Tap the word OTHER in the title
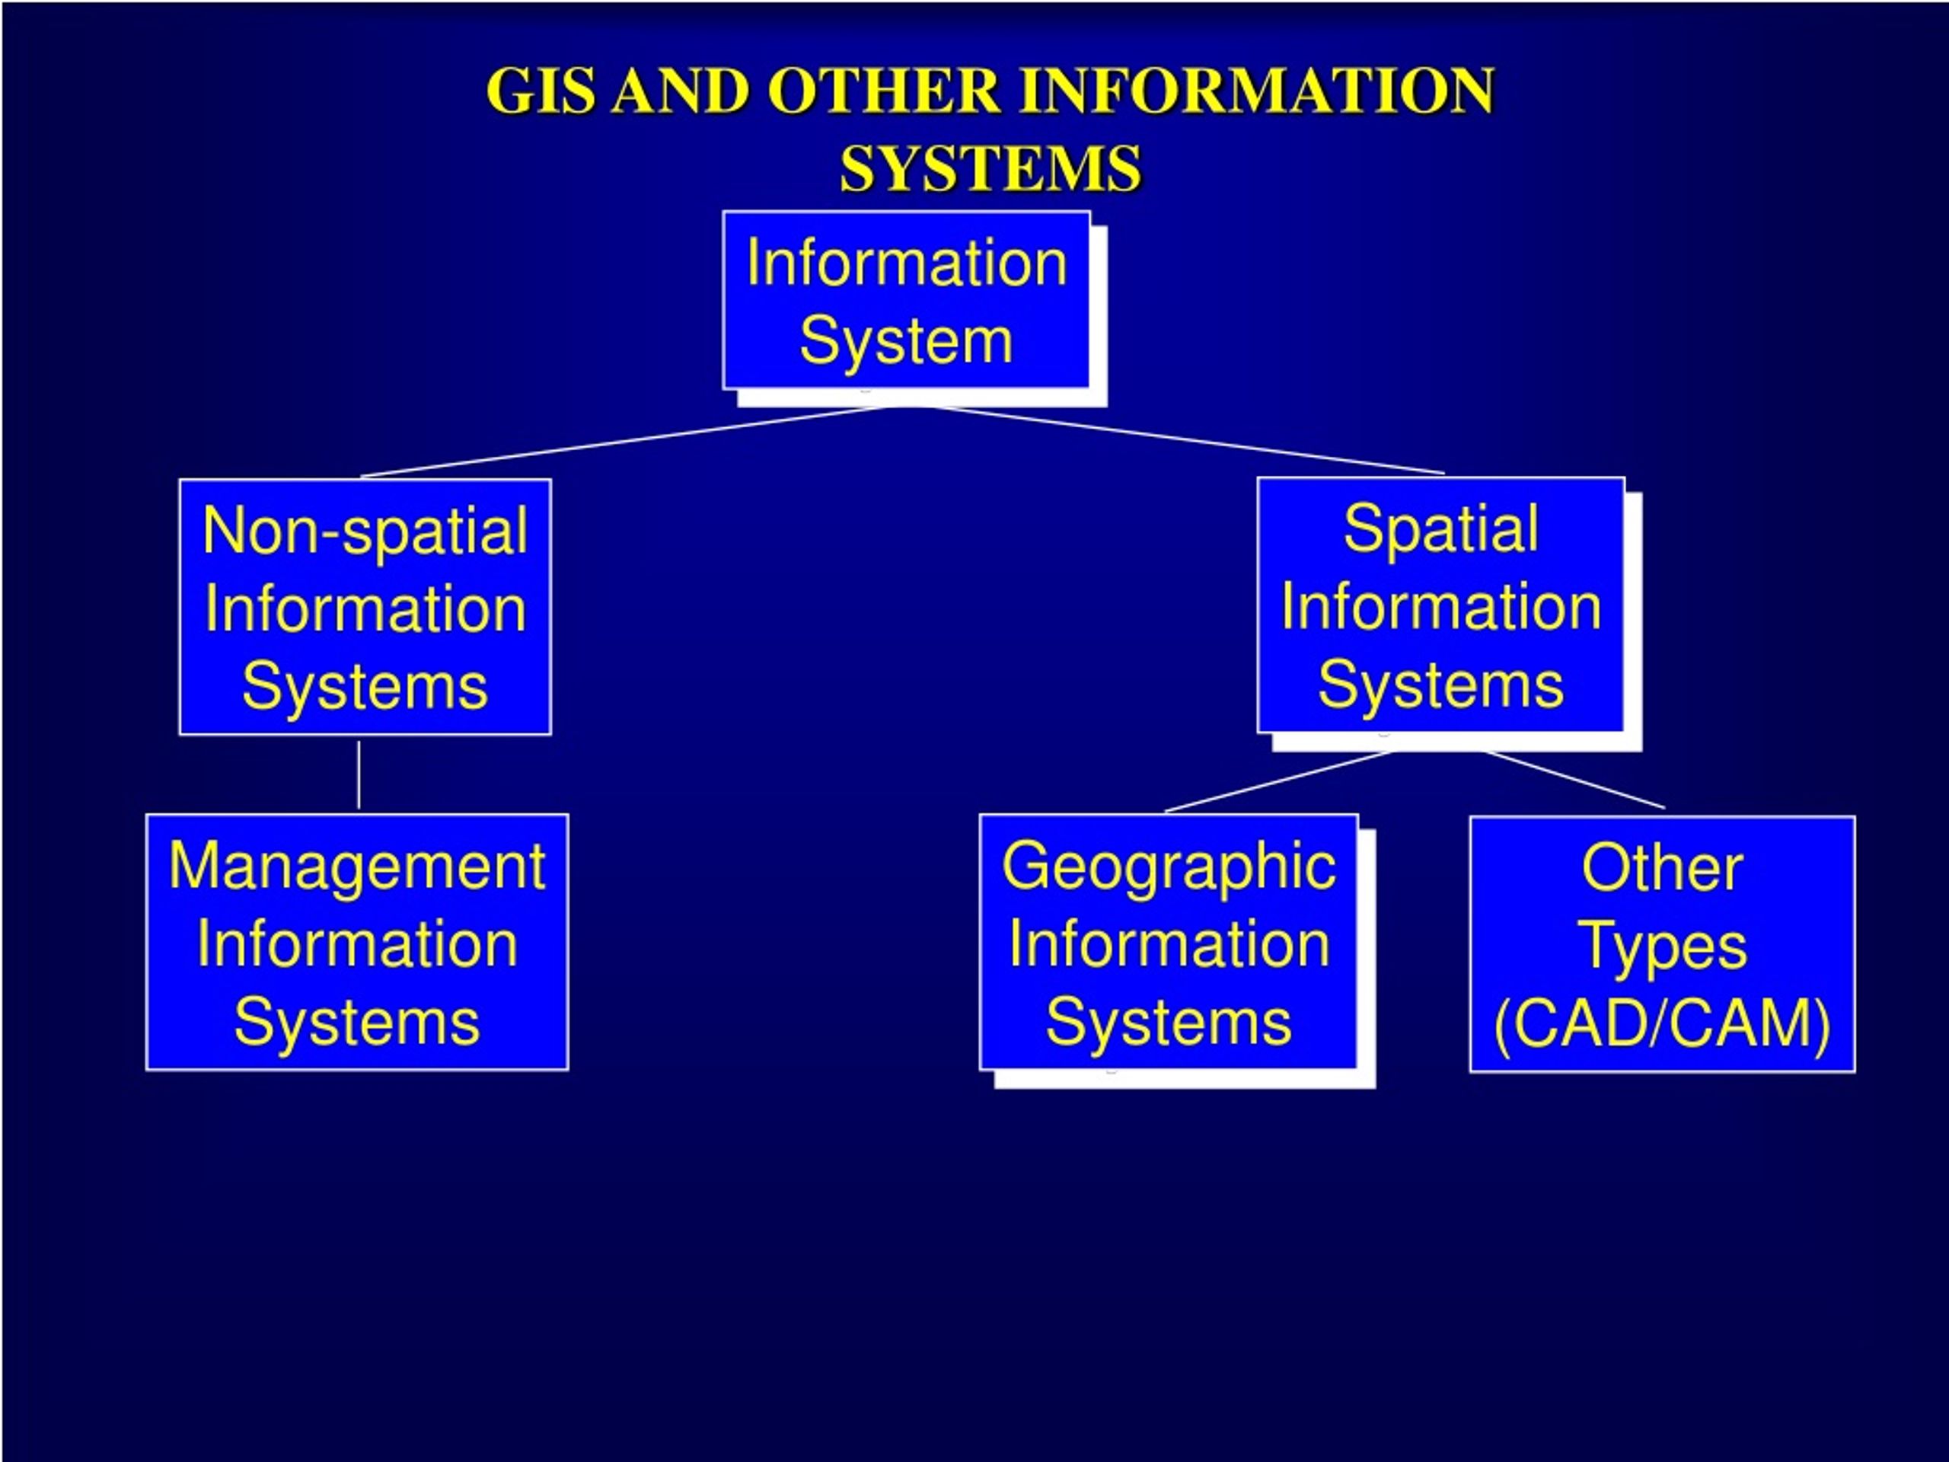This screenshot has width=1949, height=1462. click(x=884, y=91)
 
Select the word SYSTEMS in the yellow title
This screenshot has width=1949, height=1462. click(x=990, y=168)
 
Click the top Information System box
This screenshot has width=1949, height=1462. click(x=907, y=301)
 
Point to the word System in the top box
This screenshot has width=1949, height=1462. click(x=907, y=340)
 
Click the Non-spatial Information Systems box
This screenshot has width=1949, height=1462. click(x=365, y=607)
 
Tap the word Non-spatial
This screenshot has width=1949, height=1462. click(x=365, y=531)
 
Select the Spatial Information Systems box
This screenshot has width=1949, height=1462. click(x=1441, y=605)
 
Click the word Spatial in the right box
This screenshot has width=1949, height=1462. click(x=1441, y=528)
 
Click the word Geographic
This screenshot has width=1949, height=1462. click(x=1169, y=867)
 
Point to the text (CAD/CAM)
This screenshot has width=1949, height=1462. click(x=1663, y=1024)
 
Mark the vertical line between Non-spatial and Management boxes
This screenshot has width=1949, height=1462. click(x=359, y=774)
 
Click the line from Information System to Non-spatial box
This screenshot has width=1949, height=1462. click(x=626, y=442)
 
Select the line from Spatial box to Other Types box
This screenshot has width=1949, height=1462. click(x=1575, y=780)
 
